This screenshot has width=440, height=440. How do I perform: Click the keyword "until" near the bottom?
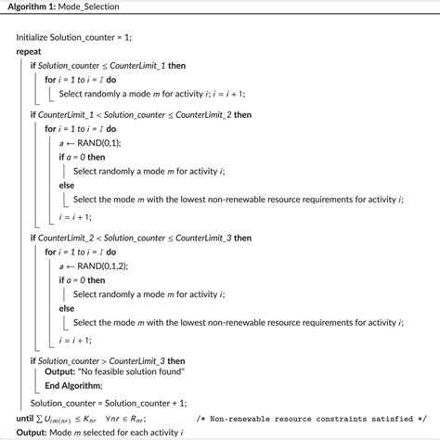point(23,418)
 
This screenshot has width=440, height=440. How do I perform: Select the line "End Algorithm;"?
point(73,386)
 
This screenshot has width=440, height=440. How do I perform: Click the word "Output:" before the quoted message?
point(58,372)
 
